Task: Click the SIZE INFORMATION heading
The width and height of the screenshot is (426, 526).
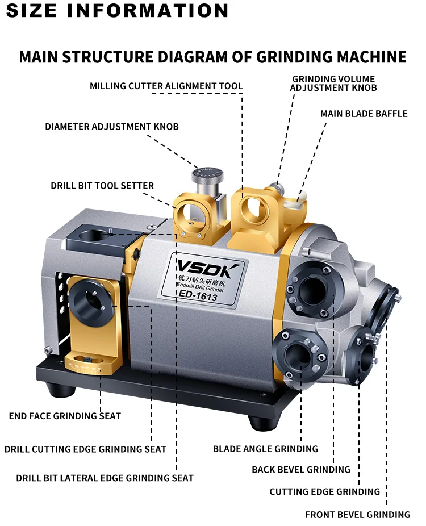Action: (117, 10)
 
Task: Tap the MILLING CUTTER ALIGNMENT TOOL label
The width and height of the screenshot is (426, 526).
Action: (166, 86)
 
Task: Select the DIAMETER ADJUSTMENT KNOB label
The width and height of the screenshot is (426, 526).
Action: (112, 127)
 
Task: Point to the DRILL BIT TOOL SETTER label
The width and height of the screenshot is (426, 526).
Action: (102, 186)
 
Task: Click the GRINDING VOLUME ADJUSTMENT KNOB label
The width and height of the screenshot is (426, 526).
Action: (333, 84)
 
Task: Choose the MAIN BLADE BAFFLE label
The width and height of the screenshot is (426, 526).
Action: (364, 114)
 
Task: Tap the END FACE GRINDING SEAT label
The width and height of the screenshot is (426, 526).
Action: (65, 416)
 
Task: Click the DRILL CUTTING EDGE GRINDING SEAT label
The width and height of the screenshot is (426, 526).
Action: (86, 449)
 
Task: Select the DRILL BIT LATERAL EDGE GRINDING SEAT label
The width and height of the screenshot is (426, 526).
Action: (105, 478)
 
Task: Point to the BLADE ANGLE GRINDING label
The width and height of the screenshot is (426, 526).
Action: (265, 449)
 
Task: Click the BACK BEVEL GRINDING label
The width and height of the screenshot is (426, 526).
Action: (301, 470)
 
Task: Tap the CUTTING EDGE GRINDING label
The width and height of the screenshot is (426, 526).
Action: (325, 492)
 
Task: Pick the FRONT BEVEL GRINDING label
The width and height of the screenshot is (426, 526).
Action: (358, 515)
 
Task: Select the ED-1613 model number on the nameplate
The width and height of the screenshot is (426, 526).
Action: (198, 295)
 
